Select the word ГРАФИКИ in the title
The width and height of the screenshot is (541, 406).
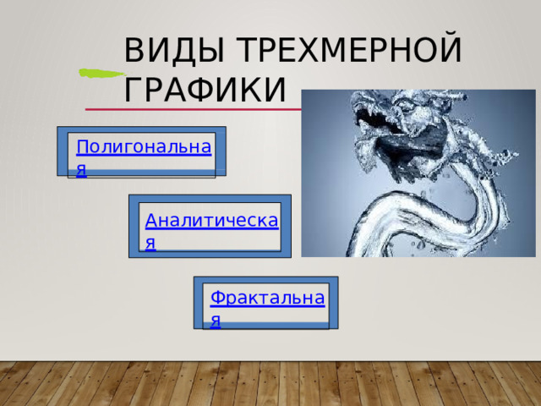pos(204,88)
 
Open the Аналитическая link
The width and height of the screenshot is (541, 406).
pos(211,222)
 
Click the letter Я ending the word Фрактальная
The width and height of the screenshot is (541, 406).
pos(216,321)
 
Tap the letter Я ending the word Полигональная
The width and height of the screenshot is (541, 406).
pos(81,169)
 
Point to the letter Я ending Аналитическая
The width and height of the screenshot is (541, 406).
pos(150,244)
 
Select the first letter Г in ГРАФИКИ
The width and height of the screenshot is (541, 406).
pos(133,88)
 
